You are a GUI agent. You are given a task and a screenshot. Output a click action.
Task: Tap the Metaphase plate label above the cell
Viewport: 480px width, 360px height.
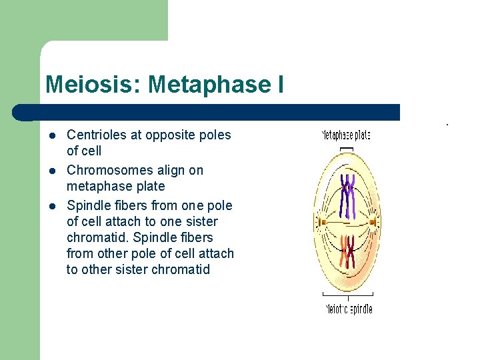[x=346, y=135]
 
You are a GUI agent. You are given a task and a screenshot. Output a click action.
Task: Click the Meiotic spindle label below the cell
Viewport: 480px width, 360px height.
[x=348, y=309]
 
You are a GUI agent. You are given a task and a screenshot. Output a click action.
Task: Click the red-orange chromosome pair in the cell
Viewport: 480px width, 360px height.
[x=347, y=251]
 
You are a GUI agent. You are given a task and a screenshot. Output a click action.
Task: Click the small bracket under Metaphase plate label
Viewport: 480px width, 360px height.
[x=346, y=148]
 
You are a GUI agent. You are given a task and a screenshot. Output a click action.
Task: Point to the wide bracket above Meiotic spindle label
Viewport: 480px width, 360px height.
[x=347, y=294]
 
